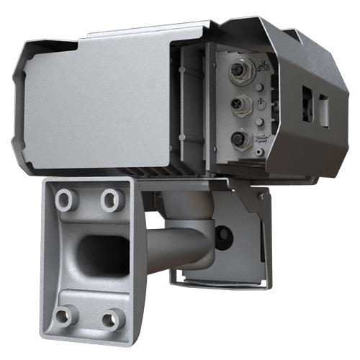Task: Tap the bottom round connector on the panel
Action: pyautogui.click(x=237, y=138)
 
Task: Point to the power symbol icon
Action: pyautogui.click(x=261, y=104)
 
